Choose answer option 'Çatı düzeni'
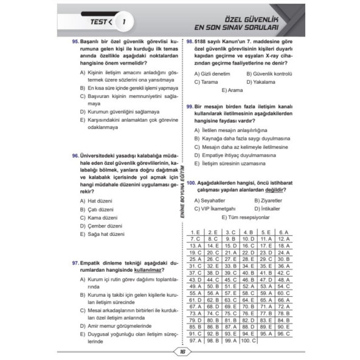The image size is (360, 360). click(101, 209)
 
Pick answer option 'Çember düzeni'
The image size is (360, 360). click(105, 225)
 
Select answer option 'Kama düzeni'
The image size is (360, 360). click(103, 217)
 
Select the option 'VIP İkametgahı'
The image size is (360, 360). click(218, 208)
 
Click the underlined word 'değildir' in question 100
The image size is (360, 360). click(272, 190)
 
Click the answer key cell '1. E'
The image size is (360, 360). click(195, 232)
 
